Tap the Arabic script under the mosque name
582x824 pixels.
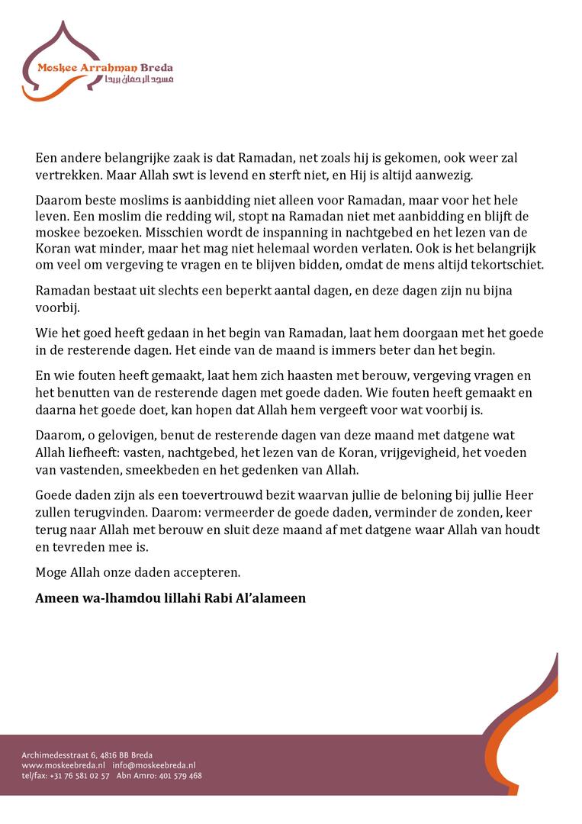point(145,79)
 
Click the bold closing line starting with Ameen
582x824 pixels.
point(170,597)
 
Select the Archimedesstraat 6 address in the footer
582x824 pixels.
point(87,755)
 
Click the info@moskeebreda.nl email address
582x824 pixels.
point(154,765)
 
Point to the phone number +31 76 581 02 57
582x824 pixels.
point(79,775)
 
